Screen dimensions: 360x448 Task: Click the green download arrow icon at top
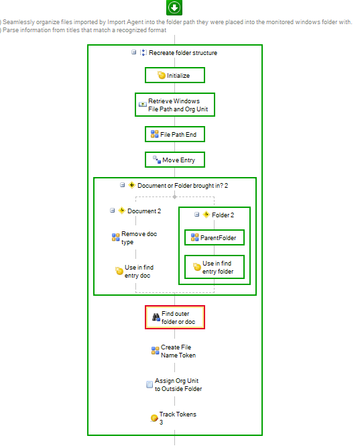click(174, 7)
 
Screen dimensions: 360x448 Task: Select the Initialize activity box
click(175, 75)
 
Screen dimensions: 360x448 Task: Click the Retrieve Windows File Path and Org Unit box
click(175, 105)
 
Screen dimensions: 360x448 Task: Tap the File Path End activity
click(175, 134)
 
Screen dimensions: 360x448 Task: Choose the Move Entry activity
click(175, 160)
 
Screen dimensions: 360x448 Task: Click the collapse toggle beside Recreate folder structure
click(133, 52)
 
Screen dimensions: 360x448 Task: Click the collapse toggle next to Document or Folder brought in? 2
click(122, 185)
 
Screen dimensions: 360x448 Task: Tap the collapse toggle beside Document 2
click(112, 211)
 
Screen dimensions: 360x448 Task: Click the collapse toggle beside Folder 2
click(196, 215)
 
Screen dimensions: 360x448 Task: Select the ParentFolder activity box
click(215, 237)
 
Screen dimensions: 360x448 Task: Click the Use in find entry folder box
click(215, 267)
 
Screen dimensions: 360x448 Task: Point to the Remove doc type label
click(139, 237)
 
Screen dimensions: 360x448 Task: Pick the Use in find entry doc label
click(139, 272)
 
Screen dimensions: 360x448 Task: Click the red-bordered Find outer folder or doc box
click(175, 317)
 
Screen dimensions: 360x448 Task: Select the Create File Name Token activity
click(174, 351)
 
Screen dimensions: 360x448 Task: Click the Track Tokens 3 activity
click(173, 418)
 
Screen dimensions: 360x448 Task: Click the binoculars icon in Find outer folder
click(156, 317)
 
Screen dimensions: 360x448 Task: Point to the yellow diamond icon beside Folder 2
click(206, 215)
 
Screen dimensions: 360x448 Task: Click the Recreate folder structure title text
click(183, 53)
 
